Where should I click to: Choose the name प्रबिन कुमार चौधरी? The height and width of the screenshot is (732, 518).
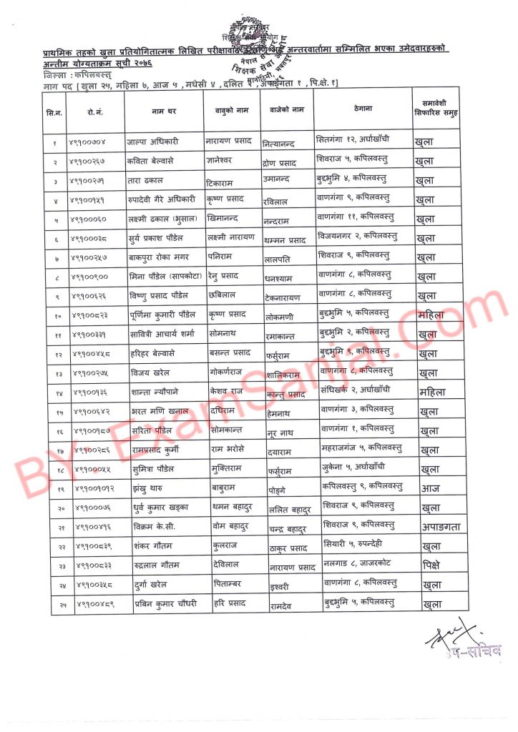coord(165,604)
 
